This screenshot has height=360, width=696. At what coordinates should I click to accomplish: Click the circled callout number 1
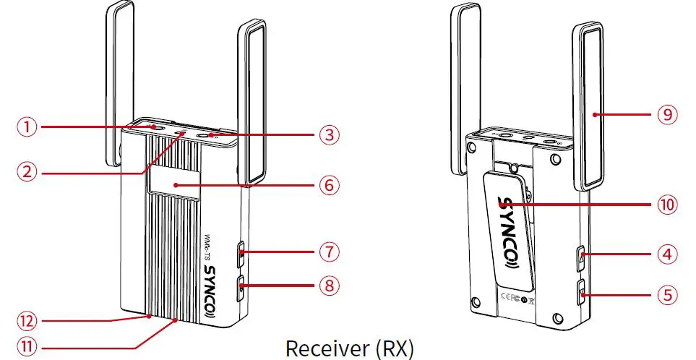click(27, 127)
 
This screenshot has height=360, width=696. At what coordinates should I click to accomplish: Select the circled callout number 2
click(27, 172)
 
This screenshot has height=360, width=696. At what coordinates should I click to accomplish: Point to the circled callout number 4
click(667, 254)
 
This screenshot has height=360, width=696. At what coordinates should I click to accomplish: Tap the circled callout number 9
click(667, 114)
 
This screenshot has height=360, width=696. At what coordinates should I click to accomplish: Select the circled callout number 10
click(667, 205)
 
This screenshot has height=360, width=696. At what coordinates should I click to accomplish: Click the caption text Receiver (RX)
click(349, 347)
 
